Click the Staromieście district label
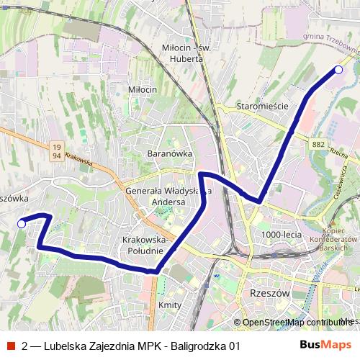[262, 106]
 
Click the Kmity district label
[170, 305]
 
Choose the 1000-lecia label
[282, 235]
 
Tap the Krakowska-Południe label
[145, 245]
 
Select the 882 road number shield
[319, 145]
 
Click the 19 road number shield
[56, 146]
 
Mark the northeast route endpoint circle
[338, 70]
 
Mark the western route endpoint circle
[22, 224]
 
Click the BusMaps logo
[325, 345]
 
